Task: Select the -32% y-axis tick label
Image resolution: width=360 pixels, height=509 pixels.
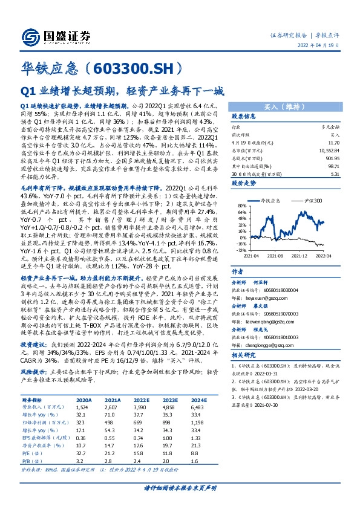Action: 240,250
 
